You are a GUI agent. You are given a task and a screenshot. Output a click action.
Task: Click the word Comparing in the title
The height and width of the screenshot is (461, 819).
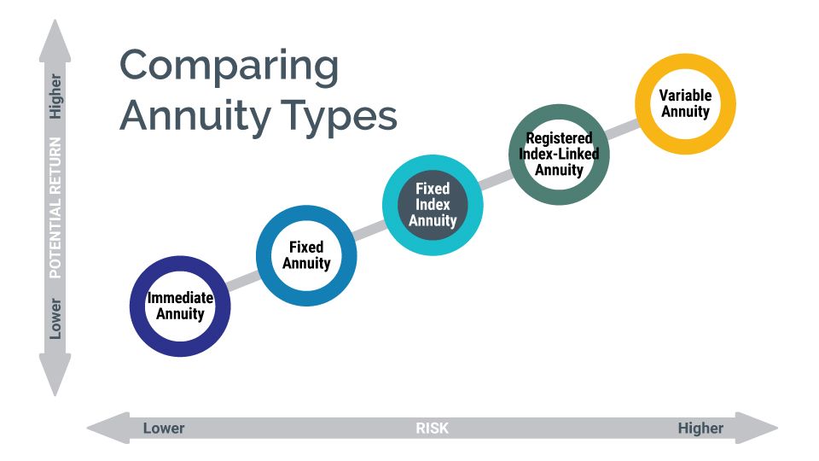coord(229,67)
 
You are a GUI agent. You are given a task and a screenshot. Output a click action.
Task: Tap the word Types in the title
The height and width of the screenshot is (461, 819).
coord(340,117)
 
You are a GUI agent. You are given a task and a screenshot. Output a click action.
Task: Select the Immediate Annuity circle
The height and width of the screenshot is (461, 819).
coord(136,306)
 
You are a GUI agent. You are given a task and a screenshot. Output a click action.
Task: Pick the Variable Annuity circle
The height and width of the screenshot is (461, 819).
coord(642,104)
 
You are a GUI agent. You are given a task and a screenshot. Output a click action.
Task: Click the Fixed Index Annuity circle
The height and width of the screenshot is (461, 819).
coord(390,205)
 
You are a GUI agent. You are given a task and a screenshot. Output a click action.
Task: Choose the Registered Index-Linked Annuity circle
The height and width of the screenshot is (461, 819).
coord(516,155)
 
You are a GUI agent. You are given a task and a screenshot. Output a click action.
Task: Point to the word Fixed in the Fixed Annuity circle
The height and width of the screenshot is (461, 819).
coord(306,247)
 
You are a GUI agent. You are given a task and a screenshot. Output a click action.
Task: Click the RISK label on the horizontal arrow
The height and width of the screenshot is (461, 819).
coord(432,428)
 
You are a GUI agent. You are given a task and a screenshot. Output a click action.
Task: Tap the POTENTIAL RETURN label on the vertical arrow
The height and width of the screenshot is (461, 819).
coord(55,207)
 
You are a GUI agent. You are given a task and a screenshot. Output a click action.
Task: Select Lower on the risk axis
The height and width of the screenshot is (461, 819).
coord(164,428)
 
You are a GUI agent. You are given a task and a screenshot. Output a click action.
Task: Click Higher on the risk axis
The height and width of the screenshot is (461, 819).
coord(700,428)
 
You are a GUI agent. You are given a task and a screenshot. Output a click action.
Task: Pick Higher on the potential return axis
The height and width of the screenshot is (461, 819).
coord(55,96)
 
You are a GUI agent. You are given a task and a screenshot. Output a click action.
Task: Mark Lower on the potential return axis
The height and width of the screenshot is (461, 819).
coord(55,318)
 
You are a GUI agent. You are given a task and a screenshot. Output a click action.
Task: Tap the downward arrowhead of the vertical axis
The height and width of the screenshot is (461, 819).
coord(55,375)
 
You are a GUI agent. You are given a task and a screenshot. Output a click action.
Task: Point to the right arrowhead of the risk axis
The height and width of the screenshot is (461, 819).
coord(758,428)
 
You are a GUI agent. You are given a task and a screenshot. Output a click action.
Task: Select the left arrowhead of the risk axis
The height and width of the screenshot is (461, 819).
coord(107,428)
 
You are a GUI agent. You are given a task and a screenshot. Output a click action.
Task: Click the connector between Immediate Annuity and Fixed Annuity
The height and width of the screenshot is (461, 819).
coord(243,281)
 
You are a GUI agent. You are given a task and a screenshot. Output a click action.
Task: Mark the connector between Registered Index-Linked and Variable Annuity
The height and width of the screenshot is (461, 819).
coord(623,129)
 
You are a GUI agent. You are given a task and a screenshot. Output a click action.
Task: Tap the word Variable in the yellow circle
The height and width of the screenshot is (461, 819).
coord(685,95)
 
